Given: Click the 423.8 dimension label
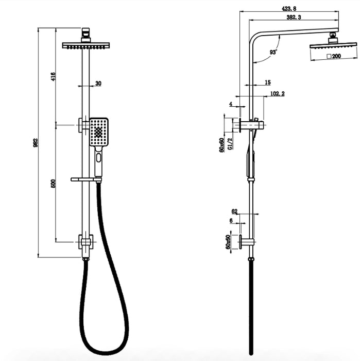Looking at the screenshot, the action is tap(289, 9).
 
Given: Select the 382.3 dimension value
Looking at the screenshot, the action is tap(294, 17).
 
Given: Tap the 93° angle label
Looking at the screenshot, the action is tap(273, 52).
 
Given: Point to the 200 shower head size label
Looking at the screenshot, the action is tap(334, 56).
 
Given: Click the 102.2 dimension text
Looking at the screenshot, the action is tap(277, 93).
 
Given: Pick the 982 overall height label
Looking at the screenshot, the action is tap(36, 143).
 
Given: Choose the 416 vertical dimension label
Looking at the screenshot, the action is tap(53, 76).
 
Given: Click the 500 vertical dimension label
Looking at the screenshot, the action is tap(53, 184).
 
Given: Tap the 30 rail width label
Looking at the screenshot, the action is tap(98, 84).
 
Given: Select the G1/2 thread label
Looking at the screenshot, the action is tap(230, 144).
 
